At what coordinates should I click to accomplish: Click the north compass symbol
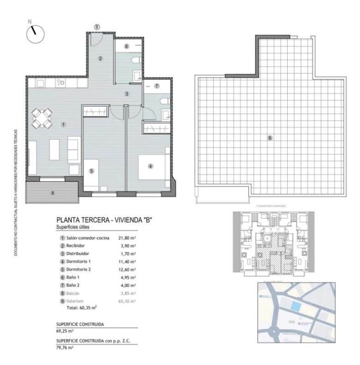pyautogui.click(x=35, y=34)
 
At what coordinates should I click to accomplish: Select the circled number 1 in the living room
pyautogui.click(x=63, y=124)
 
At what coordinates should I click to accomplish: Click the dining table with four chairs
pyautogui.click(x=42, y=118)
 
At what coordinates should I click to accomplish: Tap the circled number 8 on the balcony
pyautogui.click(x=52, y=193)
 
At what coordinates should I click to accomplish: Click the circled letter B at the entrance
pyautogui.click(x=97, y=27)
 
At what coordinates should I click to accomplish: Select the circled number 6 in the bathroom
pyautogui.click(x=126, y=46)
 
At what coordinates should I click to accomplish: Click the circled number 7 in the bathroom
pyautogui.click(x=157, y=86)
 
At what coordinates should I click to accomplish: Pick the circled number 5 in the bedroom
pyautogui.click(x=91, y=170)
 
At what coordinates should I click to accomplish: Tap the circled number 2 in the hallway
pyautogui.click(x=100, y=58)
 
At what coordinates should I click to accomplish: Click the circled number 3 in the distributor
pyautogui.click(x=126, y=94)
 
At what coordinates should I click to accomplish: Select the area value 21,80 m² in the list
pyautogui.click(x=127, y=238)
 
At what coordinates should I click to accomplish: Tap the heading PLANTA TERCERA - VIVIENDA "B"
pyautogui.click(x=104, y=220)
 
